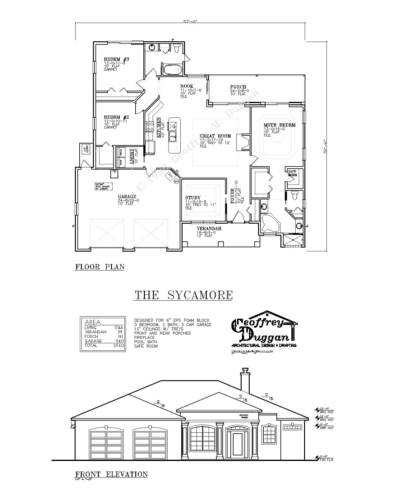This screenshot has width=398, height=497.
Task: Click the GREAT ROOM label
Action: pos(215,136)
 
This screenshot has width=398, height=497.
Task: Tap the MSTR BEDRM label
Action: pos(280,125)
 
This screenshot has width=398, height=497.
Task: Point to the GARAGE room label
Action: pos(127,197)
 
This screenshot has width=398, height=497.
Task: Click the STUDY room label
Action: pos(193,198)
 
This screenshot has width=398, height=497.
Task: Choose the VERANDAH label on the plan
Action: pos(209,229)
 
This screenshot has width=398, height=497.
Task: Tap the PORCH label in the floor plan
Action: pos(238,87)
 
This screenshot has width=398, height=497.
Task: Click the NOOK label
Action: pos(187,86)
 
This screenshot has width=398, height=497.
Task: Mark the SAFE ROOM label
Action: pos(293,173)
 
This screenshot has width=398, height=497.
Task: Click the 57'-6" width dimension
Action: pos(190,22)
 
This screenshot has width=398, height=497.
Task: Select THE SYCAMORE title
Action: pos(183,295)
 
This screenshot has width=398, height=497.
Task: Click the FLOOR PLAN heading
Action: pos(100,267)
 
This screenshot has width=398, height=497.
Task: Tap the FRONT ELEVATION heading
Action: pos(111,474)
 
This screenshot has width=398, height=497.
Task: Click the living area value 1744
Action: pos(118,327)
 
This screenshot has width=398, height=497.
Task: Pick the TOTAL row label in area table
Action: pos(91,345)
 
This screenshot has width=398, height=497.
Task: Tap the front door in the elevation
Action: pos(238,444)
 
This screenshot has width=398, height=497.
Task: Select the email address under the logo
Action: pos(252,351)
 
